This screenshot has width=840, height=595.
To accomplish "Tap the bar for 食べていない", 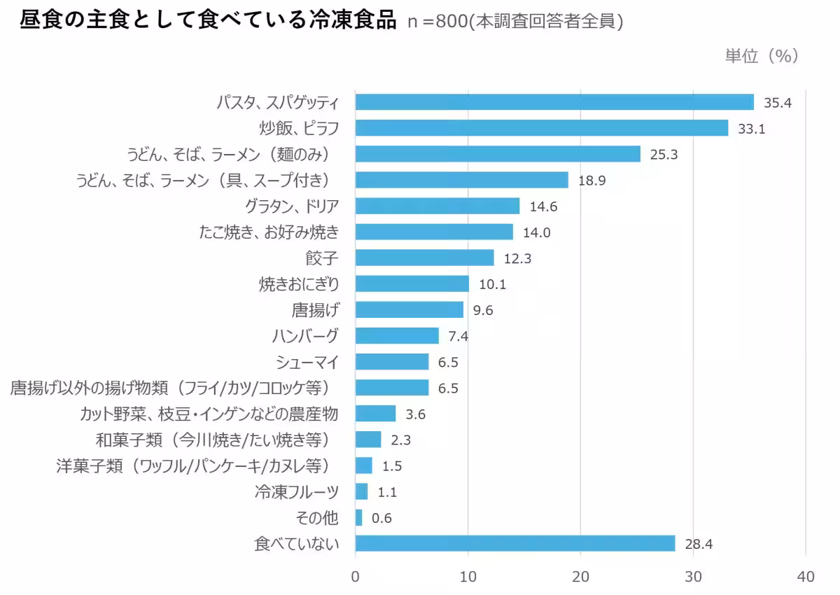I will coord(515,543).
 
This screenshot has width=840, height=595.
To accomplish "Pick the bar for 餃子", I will coord(424,258).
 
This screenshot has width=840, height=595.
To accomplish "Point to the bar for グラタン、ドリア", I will coord(437,206).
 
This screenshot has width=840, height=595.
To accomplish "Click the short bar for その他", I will coord(359,517).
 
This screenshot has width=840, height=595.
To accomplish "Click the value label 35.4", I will coord(777,103).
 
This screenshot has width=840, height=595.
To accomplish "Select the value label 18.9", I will coord(591,181).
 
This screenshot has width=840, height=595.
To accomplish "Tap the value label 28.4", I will coord(699,544).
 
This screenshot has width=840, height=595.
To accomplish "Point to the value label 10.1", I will coord(492,284).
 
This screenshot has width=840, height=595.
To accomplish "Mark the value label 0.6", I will coord(381,518).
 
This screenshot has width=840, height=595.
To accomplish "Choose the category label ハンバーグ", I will coord(305,336).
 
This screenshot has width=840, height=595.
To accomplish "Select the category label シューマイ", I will coord(308,362).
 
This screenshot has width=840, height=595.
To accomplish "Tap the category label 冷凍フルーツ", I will coord(297,491).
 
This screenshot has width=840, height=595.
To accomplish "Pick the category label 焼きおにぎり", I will coord(299,284).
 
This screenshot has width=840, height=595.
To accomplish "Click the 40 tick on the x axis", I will coord(806,577).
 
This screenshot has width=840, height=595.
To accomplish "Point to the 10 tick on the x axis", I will coord(468,577).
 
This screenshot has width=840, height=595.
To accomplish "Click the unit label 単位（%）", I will coord(762,56).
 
